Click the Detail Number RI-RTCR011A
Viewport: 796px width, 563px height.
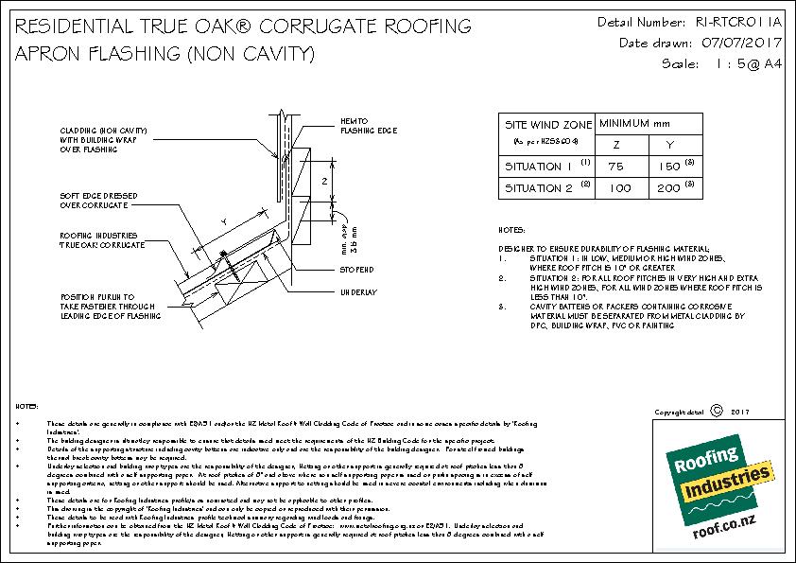[737, 21]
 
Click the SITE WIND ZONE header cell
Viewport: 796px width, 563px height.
[546, 125]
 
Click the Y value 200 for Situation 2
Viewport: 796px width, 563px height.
[668, 188]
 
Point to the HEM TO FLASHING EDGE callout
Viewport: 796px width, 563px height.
[366, 126]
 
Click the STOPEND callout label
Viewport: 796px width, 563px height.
[357, 270]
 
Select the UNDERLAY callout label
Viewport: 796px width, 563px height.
[358, 292]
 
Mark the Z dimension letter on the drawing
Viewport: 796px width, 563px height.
[324, 179]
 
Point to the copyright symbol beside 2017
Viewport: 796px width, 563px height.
[716, 411]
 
